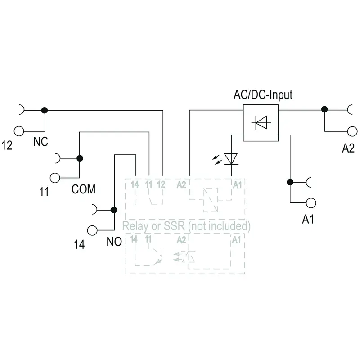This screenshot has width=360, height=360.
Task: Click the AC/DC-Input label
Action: click(263, 95)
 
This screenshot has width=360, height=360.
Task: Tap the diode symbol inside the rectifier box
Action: click(261, 122)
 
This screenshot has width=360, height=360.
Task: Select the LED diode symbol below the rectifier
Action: click(231, 159)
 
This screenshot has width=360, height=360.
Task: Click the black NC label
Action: click(40, 142)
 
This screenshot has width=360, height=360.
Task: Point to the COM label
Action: click(83, 189)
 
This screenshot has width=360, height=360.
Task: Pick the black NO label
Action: click(114, 242)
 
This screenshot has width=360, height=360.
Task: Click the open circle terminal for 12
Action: click(19, 131)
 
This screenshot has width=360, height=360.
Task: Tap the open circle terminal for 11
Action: click(55, 178)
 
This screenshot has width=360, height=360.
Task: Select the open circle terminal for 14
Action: click(92, 230)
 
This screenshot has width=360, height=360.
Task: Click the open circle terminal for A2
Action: click(352, 131)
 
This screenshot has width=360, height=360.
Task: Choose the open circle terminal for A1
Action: click(311, 203)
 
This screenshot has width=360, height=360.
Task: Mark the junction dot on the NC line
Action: click(45, 110)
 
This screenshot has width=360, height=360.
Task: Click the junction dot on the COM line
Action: click(80, 158)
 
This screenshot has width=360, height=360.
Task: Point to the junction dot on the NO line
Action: click(114, 210)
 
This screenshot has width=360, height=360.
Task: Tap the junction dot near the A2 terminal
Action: click(324, 109)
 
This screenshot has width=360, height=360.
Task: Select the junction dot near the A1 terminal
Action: click(290, 182)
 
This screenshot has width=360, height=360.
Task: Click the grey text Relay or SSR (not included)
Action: click(186, 226)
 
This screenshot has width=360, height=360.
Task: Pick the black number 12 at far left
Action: click(7, 145)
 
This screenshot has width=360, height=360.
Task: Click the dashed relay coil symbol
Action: click(211, 200)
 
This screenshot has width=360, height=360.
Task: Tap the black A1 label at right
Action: click(308, 219)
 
